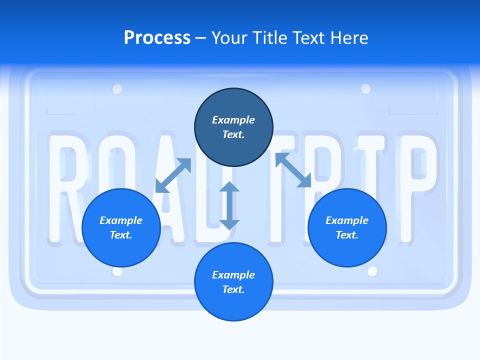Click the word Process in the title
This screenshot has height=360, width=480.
click(x=157, y=38)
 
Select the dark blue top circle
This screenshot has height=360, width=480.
click(x=233, y=127)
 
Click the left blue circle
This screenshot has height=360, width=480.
click(x=121, y=227)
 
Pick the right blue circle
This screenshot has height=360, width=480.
click(x=347, y=227)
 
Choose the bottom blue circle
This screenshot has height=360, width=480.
click(x=233, y=281)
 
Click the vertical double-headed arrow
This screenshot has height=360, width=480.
click(x=229, y=205)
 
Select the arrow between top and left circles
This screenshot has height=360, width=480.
click(x=173, y=175)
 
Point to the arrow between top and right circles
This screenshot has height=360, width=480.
click(x=293, y=170)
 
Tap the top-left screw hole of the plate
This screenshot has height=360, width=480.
click(x=117, y=89)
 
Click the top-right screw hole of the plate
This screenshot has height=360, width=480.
click(x=366, y=89)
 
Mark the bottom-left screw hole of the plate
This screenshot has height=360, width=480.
click(x=117, y=271)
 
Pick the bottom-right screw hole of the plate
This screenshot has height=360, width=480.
click(x=372, y=271)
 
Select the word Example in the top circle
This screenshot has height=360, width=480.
click(x=233, y=120)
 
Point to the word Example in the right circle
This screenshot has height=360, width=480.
click(x=347, y=220)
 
